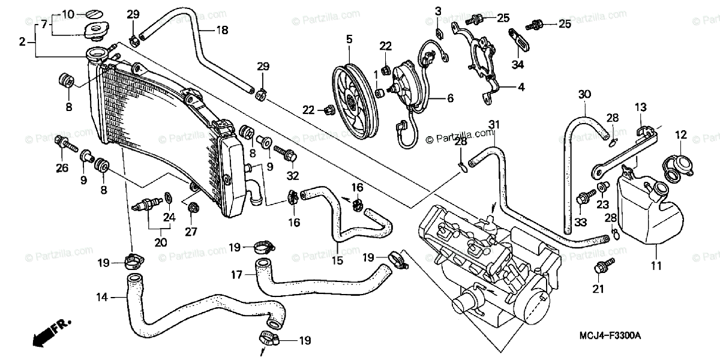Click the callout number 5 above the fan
(x=349, y=40)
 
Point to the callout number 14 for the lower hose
(x=102, y=296)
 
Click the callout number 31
(x=493, y=124)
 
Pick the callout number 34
(x=518, y=64)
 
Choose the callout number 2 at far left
(x=22, y=41)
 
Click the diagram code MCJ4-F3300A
(x=610, y=335)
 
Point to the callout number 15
(x=337, y=261)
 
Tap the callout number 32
(x=292, y=176)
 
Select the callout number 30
(x=585, y=94)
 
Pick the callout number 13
(x=641, y=107)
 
